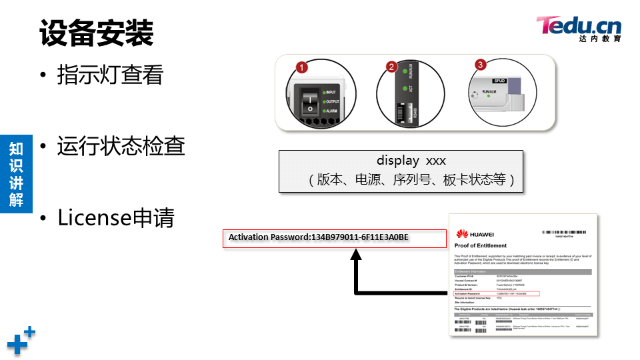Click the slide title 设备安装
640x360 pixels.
click(x=97, y=33)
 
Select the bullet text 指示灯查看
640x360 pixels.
click(x=110, y=74)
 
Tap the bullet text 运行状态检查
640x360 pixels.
click(x=121, y=146)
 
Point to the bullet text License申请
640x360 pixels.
click(x=115, y=217)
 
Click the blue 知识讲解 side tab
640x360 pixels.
click(x=16, y=173)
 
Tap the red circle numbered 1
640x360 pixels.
click(x=302, y=67)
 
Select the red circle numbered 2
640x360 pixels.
click(x=391, y=67)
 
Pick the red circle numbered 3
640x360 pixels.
click(x=481, y=65)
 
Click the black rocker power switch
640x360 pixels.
click(x=309, y=101)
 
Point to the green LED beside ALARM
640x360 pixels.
click(x=323, y=111)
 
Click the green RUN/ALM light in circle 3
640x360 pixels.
click(x=489, y=96)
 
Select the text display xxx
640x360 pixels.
click(x=411, y=161)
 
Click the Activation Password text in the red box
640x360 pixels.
click(x=319, y=237)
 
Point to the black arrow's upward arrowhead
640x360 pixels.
click(x=359, y=255)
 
